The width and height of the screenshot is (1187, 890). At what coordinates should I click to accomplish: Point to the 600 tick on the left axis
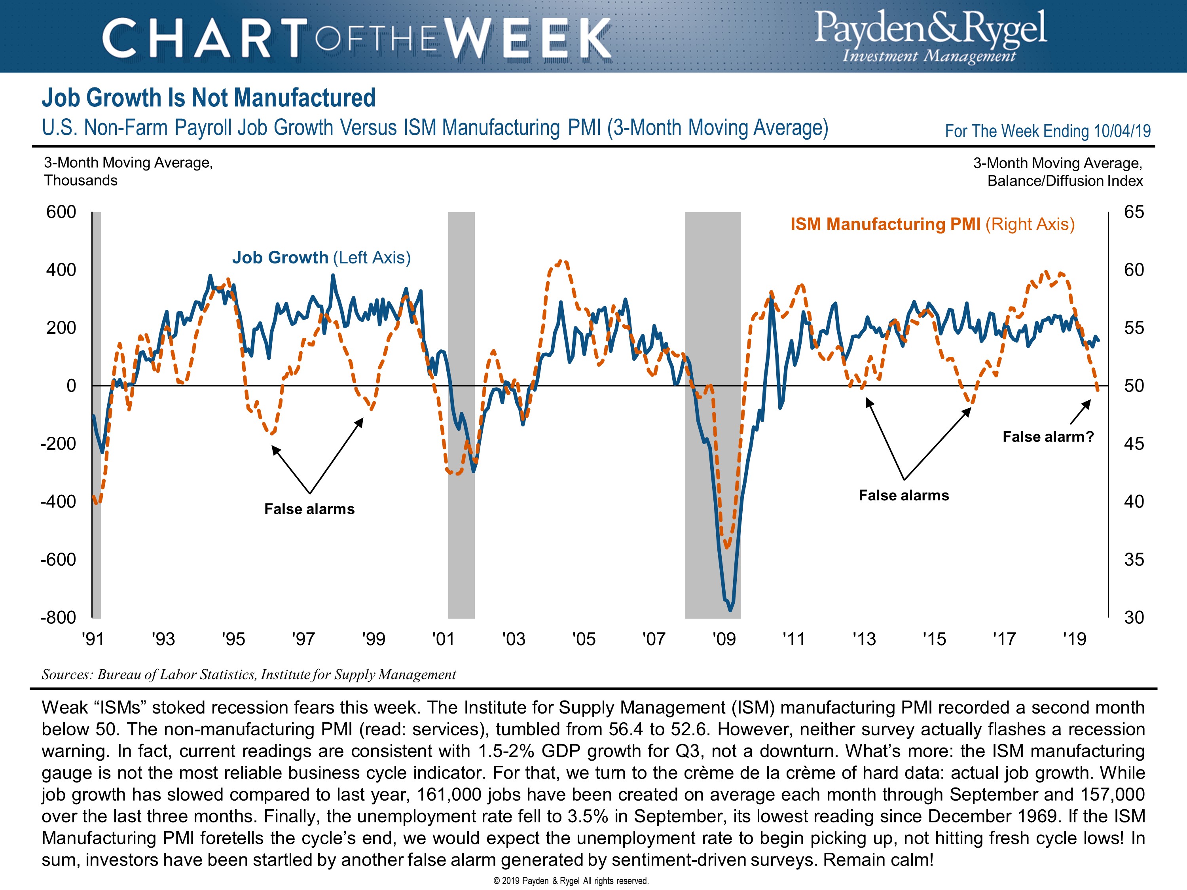(x=61, y=212)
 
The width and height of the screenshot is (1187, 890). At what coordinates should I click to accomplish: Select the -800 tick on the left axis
(x=58, y=617)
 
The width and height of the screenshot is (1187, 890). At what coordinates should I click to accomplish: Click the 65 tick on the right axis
(x=1134, y=212)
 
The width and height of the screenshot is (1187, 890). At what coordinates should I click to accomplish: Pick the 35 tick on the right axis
(x=1134, y=560)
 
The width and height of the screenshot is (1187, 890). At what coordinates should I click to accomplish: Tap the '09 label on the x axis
(x=724, y=639)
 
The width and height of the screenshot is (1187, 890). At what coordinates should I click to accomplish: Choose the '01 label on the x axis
(x=443, y=639)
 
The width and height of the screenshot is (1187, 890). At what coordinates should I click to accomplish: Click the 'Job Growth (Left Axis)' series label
(x=321, y=258)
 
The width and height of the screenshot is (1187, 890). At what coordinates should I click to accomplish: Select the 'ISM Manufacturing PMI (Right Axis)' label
(x=932, y=224)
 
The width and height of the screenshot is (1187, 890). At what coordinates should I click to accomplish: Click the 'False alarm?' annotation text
(x=1047, y=437)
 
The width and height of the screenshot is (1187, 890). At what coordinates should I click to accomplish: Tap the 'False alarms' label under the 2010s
(x=904, y=495)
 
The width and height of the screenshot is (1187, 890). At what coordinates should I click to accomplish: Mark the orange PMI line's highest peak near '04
(x=560, y=262)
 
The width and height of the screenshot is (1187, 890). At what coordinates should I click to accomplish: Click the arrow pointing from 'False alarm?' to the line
(x=1080, y=413)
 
